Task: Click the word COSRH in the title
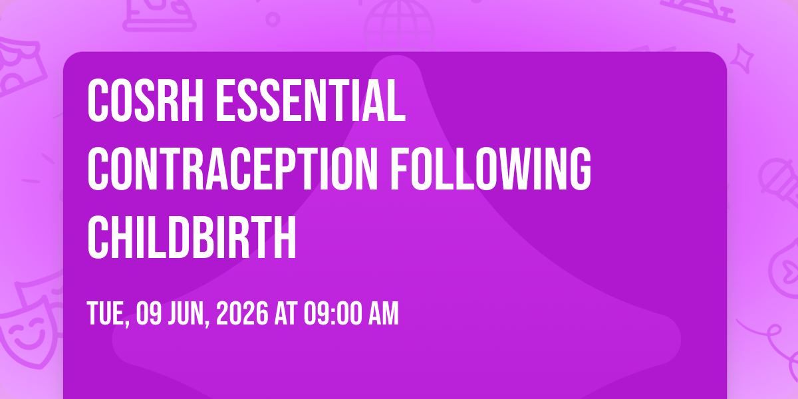pyautogui.click(x=146, y=101)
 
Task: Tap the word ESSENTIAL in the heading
pyautogui.click(x=311, y=101)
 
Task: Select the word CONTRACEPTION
pyautogui.click(x=233, y=169)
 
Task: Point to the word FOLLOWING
pyautogui.click(x=491, y=169)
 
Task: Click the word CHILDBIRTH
pyautogui.click(x=192, y=237)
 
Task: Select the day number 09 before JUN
pyautogui.click(x=149, y=313)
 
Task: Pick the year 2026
pyautogui.click(x=242, y=313)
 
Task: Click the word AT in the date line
pyautogui.click(x=286, y=313)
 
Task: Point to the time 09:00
pyautogui.click(x=332, y=313)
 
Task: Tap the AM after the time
pyautogui.click(x=383, y=313)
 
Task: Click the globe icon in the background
pyautogui.click(x=399, y=25)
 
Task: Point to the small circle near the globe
pyautogui.click(x=273, y=19)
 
